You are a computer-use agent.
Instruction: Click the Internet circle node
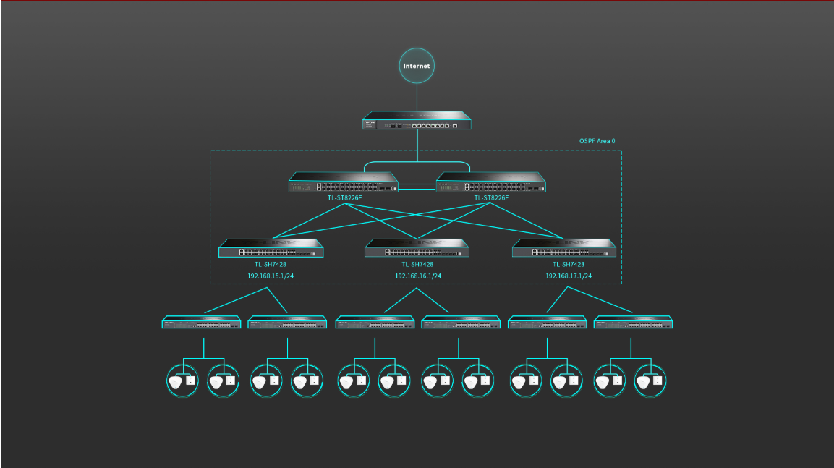click(x=417, y=66)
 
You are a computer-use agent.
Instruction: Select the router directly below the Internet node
click(x=417, y=120)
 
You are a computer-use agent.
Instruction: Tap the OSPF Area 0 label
click(x=597, y=141)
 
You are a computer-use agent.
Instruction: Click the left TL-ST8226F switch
click(x=344, y=182)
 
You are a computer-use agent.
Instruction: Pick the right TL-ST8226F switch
click(x=491, y=182)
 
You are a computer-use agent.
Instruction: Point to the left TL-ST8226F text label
click(x=344, y=198)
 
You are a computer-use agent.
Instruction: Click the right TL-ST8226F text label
click(x=491, y=198)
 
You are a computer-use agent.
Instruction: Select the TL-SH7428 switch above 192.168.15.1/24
click(x=271, y=248)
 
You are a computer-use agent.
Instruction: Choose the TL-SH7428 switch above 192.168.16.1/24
click(x=417, y=248)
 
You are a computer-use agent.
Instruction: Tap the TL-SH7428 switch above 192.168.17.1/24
click(x=565, y=248)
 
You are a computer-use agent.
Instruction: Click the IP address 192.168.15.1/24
click(x=271, y=276)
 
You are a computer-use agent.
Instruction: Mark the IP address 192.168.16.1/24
click(x=417, y=276)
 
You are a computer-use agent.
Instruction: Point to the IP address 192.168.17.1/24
click(x=569, y=276)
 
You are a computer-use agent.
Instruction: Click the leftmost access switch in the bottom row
click(x=201, y=323)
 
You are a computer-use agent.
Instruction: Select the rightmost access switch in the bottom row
click(x=634, y=323)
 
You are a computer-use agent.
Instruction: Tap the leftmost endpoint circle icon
click(x=182, y=380)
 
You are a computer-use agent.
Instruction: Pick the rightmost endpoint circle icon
click(x=650, y=380)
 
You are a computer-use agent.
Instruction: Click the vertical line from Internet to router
click(x=417, y=97)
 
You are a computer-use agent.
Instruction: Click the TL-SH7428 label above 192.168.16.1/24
click(x=417, y=265)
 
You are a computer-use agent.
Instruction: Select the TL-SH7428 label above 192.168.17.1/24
click(x=569, y=265)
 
